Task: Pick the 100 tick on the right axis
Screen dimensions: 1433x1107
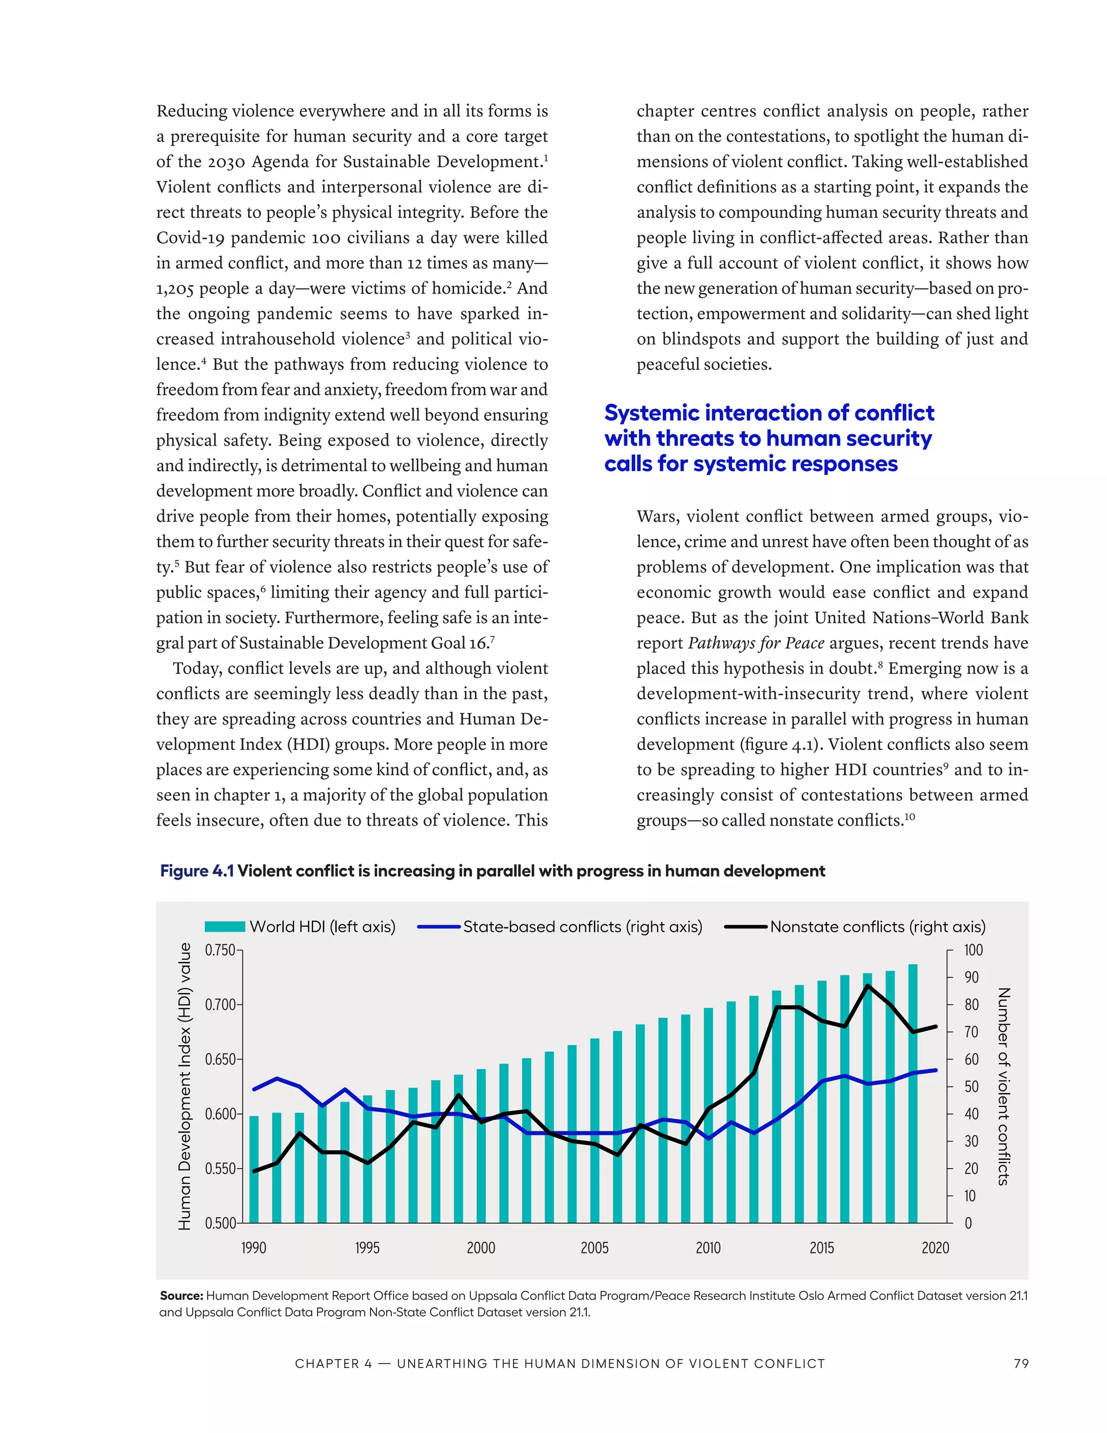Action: pyautogui.click(x=973, y=950)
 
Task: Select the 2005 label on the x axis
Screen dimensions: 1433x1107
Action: pyautogui.click(x=594, y=1248)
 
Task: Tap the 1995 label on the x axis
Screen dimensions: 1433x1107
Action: pyautogui.click(x=367, y=1248)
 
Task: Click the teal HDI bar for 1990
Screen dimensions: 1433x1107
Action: pyautogui.click(x=254, y=1169)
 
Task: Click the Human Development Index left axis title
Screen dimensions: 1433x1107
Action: pyautogui.click(x=185, y=1086)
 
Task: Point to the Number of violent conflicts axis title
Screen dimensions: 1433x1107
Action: pyautogui.click(x=1003, y=1086)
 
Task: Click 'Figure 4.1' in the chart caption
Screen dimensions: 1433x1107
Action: pyautogui.click(x=197, y=871)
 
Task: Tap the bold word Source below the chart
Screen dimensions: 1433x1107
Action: pyautogui.click(x=181, y=1295)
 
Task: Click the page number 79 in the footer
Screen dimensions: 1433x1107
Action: pyautogui.click(x=1021, y=1363)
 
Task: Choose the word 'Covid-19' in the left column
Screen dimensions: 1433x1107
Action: pyautogui.click(x=190, y=237)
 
